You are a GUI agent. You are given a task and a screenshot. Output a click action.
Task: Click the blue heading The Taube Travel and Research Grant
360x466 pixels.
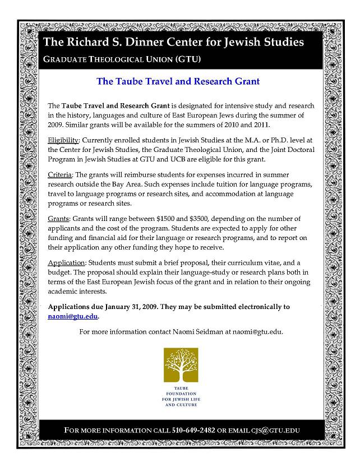(178, 81)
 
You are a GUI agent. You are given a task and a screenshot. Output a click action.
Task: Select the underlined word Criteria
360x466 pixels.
(60, 175)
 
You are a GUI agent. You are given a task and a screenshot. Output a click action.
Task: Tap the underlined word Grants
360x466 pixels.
(59, 219)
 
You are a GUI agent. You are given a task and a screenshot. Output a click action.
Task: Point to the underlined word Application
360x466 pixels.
(66, 262)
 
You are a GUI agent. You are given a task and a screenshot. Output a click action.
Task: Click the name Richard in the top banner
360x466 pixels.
(84, 42)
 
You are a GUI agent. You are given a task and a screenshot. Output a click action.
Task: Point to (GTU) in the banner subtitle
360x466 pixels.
(188, 58)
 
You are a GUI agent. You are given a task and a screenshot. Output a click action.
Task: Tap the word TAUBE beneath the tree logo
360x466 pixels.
(180, 388)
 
